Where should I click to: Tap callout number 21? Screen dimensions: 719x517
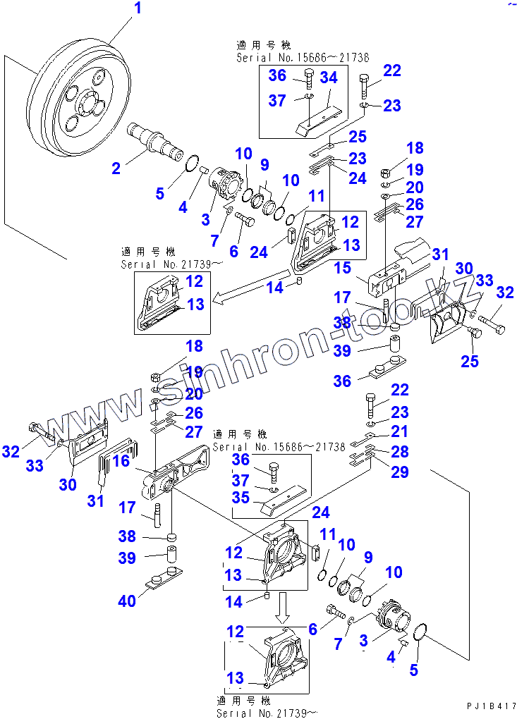pos(399,431)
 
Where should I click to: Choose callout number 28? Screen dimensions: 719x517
pos(399,452)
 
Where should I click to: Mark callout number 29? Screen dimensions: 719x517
pos(399,472)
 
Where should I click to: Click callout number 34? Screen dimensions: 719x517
pos(329,78)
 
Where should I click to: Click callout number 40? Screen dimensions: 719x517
pos(128,601)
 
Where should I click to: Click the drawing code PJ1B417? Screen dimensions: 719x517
pos(491,706)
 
